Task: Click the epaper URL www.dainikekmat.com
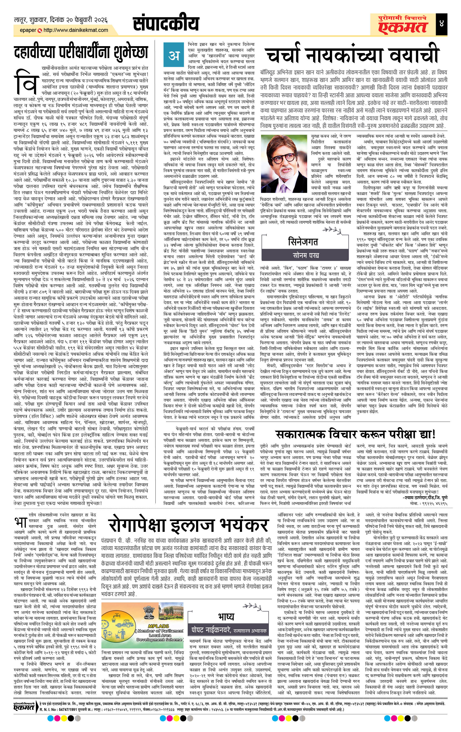[76, 30]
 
